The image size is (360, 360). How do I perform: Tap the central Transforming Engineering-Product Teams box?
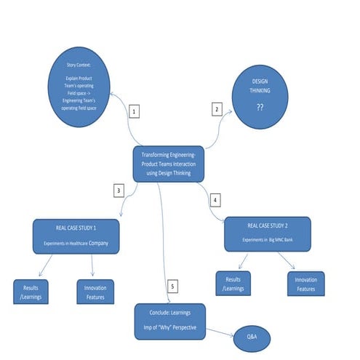[168, 164]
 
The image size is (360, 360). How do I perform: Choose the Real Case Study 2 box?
[267, 233]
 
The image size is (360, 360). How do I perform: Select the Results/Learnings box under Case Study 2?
[232, 284]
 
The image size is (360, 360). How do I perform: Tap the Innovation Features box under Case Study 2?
[305, 284]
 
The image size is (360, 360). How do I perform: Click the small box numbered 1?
[134, 111]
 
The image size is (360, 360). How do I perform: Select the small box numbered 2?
[216, 109]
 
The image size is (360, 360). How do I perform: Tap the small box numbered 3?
[119, 191]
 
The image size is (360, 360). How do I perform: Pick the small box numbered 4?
[214, 199]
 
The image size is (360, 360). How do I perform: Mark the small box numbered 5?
[172, 285]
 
